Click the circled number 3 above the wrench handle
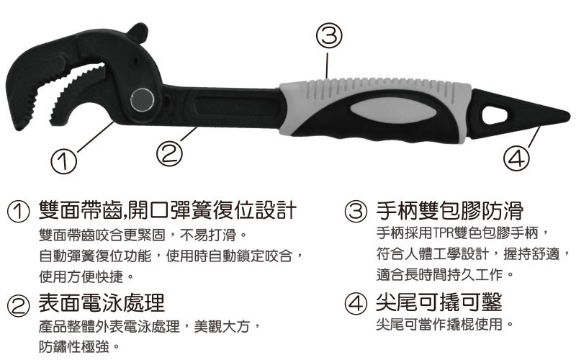pos(329,36)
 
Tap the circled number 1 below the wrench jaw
pos(64,161)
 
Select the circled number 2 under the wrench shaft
pos(169,153)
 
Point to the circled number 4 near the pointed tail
pos(516,158)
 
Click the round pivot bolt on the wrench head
pos(142,99)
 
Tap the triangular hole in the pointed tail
pos(494,115)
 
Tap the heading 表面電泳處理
pos(102,303)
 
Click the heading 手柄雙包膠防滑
pos(450,210)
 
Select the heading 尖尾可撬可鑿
pos(439,302)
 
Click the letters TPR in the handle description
pos(444,233)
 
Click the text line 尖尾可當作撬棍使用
pos(444,324)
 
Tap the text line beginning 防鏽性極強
pos(79,346)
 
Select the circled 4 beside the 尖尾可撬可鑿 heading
pos(356,304)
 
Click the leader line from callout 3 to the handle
pos(327,66)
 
